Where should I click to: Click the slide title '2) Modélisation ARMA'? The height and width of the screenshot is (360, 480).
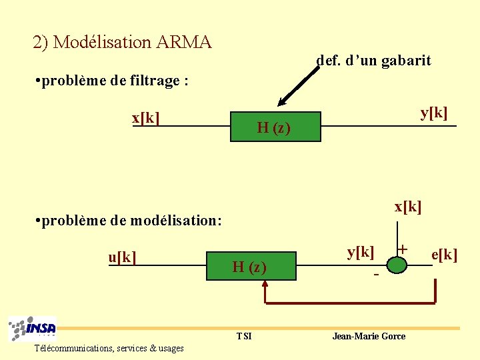122,43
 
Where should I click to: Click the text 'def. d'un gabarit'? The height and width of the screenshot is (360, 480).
373,61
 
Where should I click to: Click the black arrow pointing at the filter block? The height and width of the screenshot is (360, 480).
296,87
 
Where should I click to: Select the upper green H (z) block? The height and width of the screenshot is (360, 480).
275,127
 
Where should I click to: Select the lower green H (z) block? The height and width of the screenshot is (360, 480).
250,267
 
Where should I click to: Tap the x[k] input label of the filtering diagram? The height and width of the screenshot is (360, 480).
145,118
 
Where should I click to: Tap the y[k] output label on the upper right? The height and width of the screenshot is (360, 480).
433,112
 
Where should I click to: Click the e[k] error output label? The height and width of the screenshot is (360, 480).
444,254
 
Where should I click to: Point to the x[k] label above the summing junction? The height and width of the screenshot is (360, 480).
407,207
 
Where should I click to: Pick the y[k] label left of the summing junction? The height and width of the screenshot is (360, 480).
361,251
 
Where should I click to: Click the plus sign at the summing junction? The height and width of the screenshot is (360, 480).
402,249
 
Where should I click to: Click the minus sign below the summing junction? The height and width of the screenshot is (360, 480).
377,274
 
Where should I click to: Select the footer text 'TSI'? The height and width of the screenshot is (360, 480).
244,336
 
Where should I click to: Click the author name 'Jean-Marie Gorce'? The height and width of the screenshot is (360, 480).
368,336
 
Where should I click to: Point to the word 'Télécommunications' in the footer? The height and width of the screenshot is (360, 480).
74,348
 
